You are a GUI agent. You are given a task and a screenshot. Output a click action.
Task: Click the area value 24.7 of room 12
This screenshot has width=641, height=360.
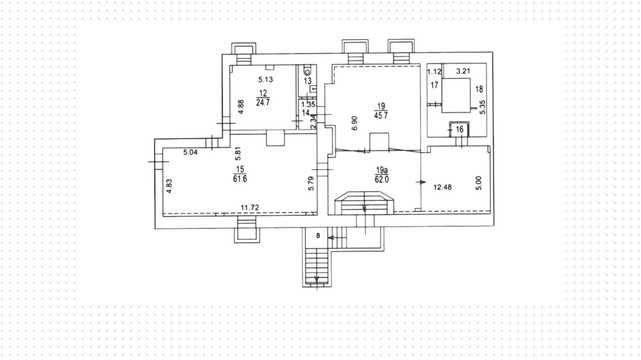coord(263,103)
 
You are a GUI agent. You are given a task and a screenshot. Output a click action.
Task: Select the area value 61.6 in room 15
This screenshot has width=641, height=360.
coord(240,179)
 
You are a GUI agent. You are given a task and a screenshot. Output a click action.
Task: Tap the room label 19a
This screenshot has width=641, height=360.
coord(381,170)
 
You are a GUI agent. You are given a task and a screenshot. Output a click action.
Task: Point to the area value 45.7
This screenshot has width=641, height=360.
coord(381,116)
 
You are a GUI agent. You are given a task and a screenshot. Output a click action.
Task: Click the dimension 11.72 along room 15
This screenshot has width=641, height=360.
coord(250,208)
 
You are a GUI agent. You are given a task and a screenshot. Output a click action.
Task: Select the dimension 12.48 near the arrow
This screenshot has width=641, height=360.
coord(442,187)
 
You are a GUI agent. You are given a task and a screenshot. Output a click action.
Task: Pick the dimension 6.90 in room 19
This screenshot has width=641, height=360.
coord(355,123)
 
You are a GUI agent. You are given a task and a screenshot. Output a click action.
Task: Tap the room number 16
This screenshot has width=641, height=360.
coord(459,129)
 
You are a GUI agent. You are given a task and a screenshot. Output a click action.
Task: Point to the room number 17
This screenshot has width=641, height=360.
coord(434,85)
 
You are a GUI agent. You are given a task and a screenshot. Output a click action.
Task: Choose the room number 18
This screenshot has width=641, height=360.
coord(479,89)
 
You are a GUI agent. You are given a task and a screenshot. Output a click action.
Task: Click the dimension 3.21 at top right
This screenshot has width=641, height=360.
coord(463,71)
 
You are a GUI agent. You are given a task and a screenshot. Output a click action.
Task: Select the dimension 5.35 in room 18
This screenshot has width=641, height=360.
coord(482,107)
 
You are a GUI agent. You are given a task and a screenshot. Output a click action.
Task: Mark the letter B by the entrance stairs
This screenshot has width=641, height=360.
coord(318,236)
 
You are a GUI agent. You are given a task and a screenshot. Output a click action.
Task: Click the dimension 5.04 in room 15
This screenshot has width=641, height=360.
coord(190,153)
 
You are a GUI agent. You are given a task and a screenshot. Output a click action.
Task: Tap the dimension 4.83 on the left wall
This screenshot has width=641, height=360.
coord(169,186)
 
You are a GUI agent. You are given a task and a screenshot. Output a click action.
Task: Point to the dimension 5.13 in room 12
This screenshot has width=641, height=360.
coord(266,79)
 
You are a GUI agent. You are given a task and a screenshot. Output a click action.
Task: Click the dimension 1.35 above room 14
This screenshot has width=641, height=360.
coord(306,105)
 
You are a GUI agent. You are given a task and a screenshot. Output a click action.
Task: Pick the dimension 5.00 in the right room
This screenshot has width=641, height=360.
coord(479,183)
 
